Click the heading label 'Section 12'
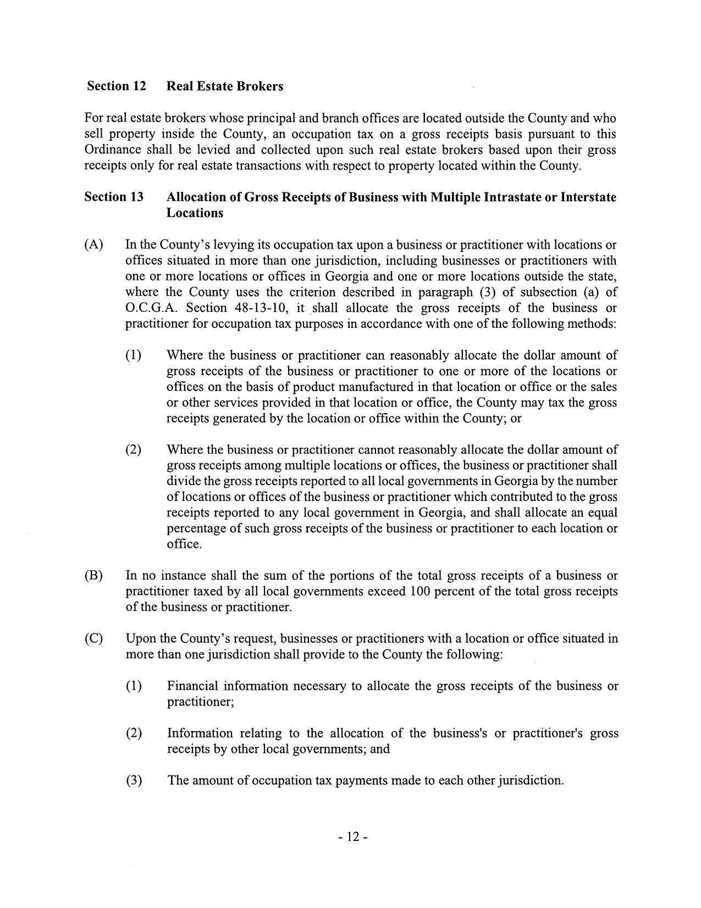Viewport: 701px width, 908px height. click(116, 86)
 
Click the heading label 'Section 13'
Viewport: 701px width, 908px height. click(114, 197)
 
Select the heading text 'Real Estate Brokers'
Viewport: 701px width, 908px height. click(225, 86)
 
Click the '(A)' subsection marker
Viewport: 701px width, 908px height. click(93, 245)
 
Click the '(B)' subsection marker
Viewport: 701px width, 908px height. click(93, 576)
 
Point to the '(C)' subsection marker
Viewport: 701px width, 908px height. click(93, 639)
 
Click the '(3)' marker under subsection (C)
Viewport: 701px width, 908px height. click(134, 781)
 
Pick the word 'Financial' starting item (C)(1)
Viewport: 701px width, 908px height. click(192, 686)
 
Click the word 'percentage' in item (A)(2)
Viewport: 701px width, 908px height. click(193, 529)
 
